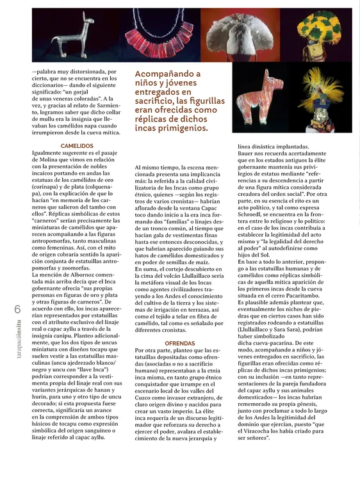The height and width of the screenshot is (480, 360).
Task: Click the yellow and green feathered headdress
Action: pos(323,32)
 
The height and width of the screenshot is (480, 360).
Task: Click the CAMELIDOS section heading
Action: pos(78,146)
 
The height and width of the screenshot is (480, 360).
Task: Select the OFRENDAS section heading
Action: pos(180,344)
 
